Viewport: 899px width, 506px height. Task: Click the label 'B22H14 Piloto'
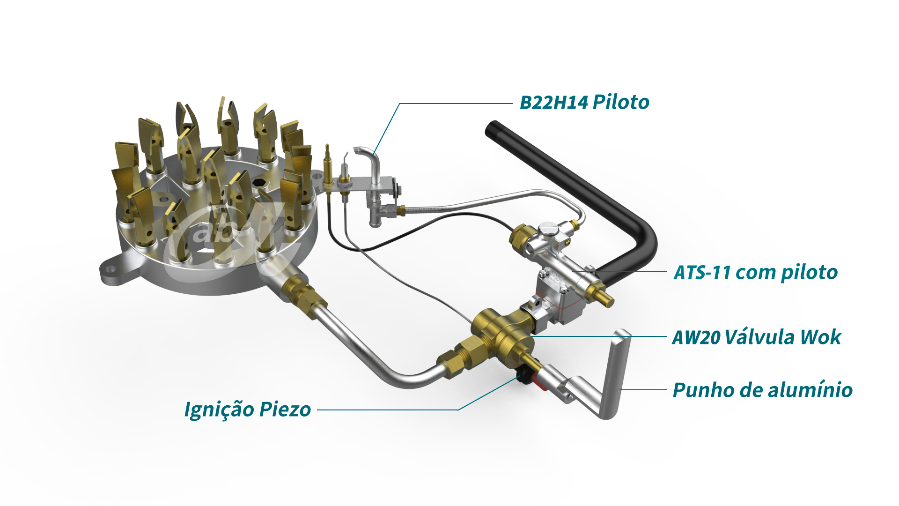point(584,102)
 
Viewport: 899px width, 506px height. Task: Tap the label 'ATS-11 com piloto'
point(755,272)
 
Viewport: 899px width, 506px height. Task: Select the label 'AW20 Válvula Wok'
point(756,337)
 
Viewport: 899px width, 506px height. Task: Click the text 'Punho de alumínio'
point(762,390)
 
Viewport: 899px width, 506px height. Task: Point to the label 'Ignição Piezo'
point(247,409)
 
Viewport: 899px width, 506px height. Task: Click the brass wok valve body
point(503,333)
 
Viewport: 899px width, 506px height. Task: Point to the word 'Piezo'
point(285,409)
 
